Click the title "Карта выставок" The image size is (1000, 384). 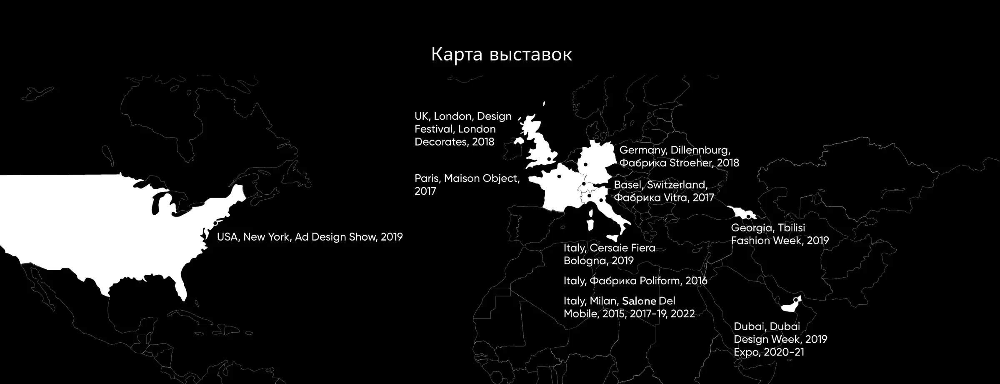point(501,55)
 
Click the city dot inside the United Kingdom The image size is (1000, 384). point(549,159)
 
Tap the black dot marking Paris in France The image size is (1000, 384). point(559,176)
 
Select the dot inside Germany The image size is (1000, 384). point(585,164)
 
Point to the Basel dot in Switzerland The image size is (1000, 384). point(584,184)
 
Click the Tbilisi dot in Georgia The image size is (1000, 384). point(748,217)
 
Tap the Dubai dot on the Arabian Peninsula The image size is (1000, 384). point(795,300)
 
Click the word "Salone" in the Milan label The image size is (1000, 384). point(639,301)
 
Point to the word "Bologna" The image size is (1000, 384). point(583,261)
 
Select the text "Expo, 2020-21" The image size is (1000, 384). point(769,352)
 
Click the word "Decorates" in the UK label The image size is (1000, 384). point(441,142)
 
